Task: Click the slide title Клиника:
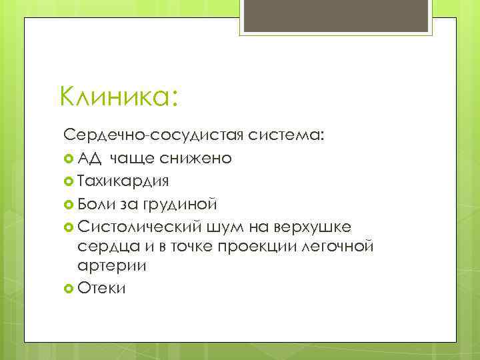[118, 97]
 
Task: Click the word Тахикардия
[123, 180]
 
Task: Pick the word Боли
[96, 203]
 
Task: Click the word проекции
[261, 247]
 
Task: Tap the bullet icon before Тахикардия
[69, 181]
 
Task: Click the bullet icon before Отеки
[69, 288]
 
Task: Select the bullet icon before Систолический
[69, 226]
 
